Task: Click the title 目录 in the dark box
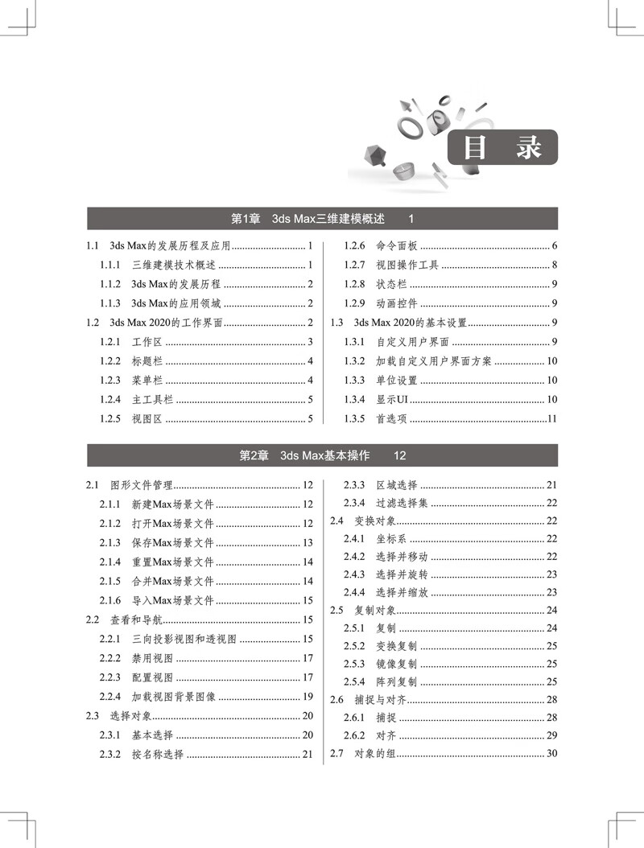[502, 148]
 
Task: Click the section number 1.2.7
[355, 265]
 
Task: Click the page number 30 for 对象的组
[552, 753]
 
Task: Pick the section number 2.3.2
[110, 755]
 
